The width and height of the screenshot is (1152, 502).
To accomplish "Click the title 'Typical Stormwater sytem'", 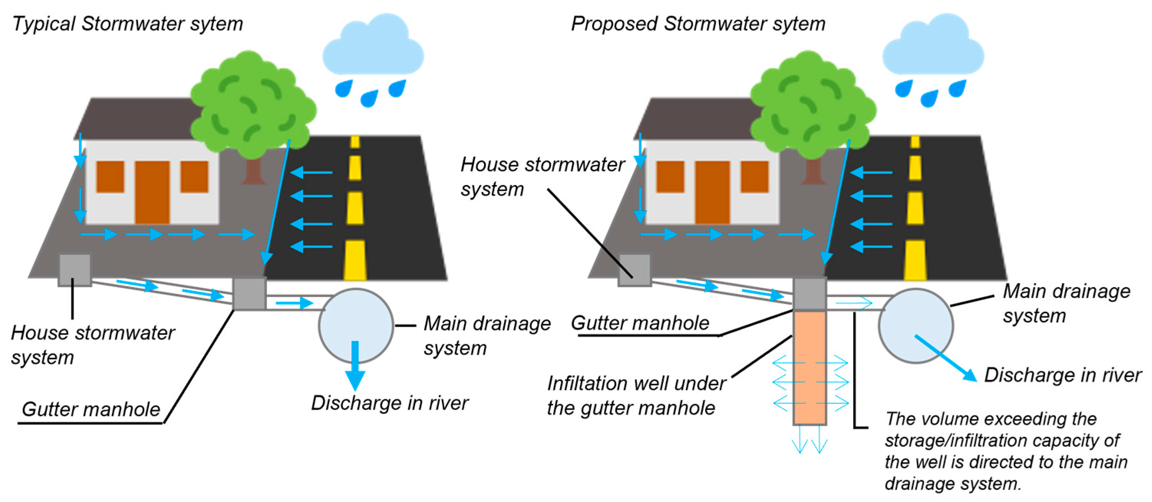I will click(127, 24).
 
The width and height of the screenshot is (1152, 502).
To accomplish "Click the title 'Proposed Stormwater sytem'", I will click(698, 24).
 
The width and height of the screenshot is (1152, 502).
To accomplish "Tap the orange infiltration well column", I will click(809, 367).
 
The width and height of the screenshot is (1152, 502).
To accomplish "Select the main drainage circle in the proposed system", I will click(915, 325).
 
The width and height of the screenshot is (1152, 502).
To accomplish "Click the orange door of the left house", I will click(152, 192).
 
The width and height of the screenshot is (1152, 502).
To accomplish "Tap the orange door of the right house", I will click(712, 192).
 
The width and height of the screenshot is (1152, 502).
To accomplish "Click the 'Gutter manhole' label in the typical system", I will click(91, 410).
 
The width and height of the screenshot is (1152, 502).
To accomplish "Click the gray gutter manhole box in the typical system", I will click(249, 293).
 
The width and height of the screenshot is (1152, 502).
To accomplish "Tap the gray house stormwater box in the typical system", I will click(75, 270).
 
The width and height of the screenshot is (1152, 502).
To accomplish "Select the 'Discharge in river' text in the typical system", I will click(389, 403).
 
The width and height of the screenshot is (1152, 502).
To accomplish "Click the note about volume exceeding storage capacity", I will click(1005, 451).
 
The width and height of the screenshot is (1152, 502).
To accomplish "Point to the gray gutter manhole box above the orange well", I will click(809, 293).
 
